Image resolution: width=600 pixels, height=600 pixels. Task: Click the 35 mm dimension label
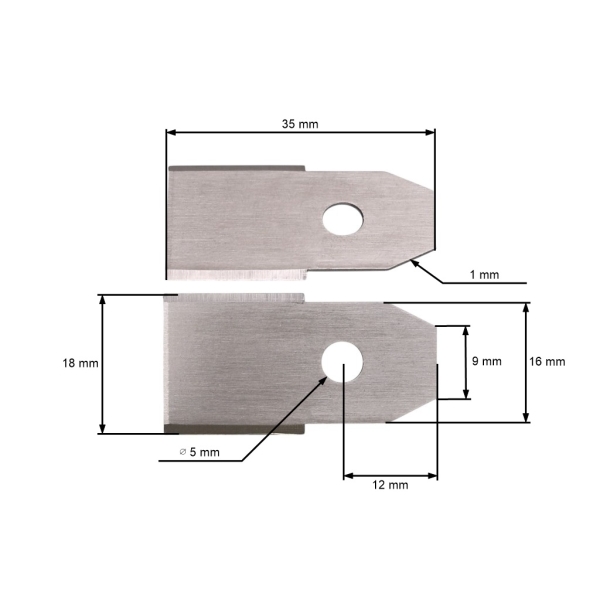click(301, 124)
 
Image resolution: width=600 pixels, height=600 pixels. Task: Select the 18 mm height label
click(80, 364)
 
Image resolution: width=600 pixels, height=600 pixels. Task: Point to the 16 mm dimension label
click(547, 362)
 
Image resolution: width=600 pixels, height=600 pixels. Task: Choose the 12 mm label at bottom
click(390, 485)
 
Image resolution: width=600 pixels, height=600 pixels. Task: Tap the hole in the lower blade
click(342, 361)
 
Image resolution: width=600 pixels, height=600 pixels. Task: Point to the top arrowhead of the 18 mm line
click(102, 301)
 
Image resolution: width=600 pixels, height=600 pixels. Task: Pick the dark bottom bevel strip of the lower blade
click(235, 428)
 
